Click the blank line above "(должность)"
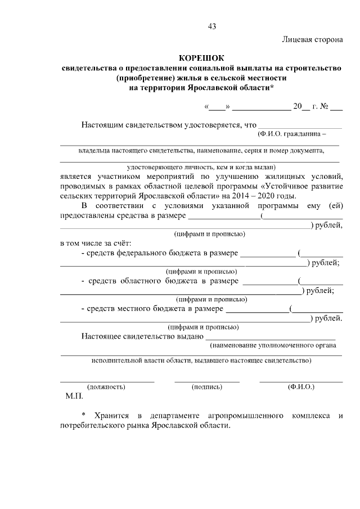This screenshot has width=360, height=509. (x=107, y=382)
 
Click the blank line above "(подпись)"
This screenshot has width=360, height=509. (x=206, y=382)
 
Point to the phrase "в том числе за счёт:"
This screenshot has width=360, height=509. (x=96, y=244)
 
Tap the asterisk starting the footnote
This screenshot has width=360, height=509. (x=84, y=416)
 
